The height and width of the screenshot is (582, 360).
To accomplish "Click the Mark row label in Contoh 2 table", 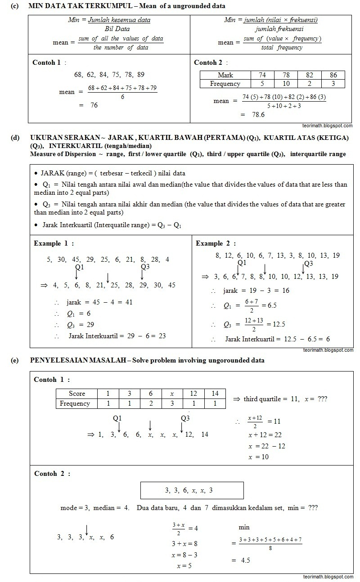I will click(225, 75).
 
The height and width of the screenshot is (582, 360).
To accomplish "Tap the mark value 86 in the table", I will click(333, 75).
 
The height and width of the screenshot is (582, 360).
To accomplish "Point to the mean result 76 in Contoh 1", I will click(94, 105).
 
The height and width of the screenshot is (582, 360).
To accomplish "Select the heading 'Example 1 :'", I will click(54, 243).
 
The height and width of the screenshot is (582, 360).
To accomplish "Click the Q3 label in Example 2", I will click(308, 263).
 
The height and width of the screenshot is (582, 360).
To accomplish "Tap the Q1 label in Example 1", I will click(80, 267).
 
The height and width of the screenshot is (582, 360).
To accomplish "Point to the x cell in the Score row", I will click(172, 394).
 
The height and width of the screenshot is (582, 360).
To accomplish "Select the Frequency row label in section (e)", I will click(75, 403).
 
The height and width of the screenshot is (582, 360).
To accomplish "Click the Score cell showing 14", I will click(215, 394).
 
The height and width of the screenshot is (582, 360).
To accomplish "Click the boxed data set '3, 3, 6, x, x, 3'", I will click(192, 490).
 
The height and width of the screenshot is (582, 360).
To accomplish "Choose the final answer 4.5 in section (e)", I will click(245, 560).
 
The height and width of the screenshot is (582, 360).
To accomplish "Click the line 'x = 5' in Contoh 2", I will click(181, 565).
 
